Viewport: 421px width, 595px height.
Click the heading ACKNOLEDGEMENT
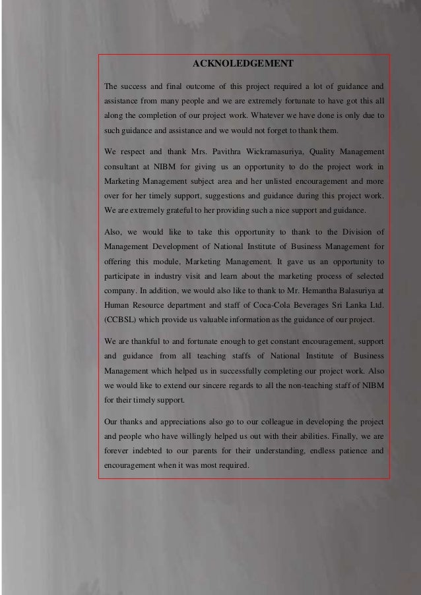point(242,64)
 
